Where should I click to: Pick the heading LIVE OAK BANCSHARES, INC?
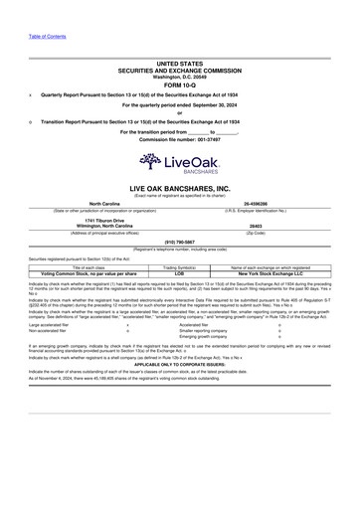(x=180, y=187)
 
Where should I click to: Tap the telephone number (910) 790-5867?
(x=180, y=242)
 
